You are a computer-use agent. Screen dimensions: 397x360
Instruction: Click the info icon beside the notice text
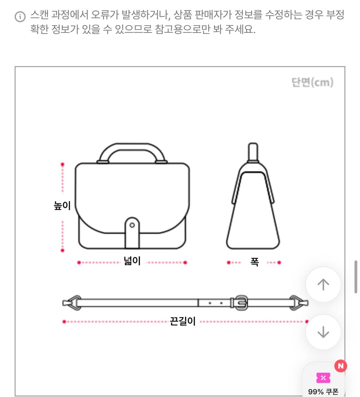(x=20, y=17)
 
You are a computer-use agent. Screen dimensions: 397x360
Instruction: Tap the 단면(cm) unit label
(x=312, y=82)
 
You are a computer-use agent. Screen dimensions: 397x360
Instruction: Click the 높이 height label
(x=62, y=205)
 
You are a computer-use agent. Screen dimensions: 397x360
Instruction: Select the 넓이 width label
(x=132, y=261)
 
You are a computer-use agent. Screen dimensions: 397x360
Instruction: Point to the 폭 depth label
(x=254, y=262)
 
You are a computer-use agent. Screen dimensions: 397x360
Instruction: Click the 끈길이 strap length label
(x=182, y=321)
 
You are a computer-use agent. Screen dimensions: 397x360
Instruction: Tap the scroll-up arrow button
(x=323, y=284)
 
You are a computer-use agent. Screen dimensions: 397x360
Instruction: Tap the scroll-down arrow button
(x=323, y=332)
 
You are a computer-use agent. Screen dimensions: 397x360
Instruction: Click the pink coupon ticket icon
(x=323, y=378)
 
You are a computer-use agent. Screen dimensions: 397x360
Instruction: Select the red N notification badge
(x=341, y=366)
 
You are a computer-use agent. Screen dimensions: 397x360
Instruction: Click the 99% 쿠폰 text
(x=323, y=392)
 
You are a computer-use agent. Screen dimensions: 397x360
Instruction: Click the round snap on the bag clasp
(x=132, y=225)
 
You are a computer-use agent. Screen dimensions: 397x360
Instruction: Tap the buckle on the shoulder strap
(x=241, y=302)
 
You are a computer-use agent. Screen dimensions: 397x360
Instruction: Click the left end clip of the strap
(x=72, y=303)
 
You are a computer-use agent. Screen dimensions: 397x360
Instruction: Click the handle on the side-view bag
(x=253, y=152)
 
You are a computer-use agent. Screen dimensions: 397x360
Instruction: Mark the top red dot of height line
(x=62, y=165)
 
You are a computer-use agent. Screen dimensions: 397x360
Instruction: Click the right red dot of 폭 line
(x=279, y=263)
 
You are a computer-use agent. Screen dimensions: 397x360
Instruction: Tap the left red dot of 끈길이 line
(x=64, y=322)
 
